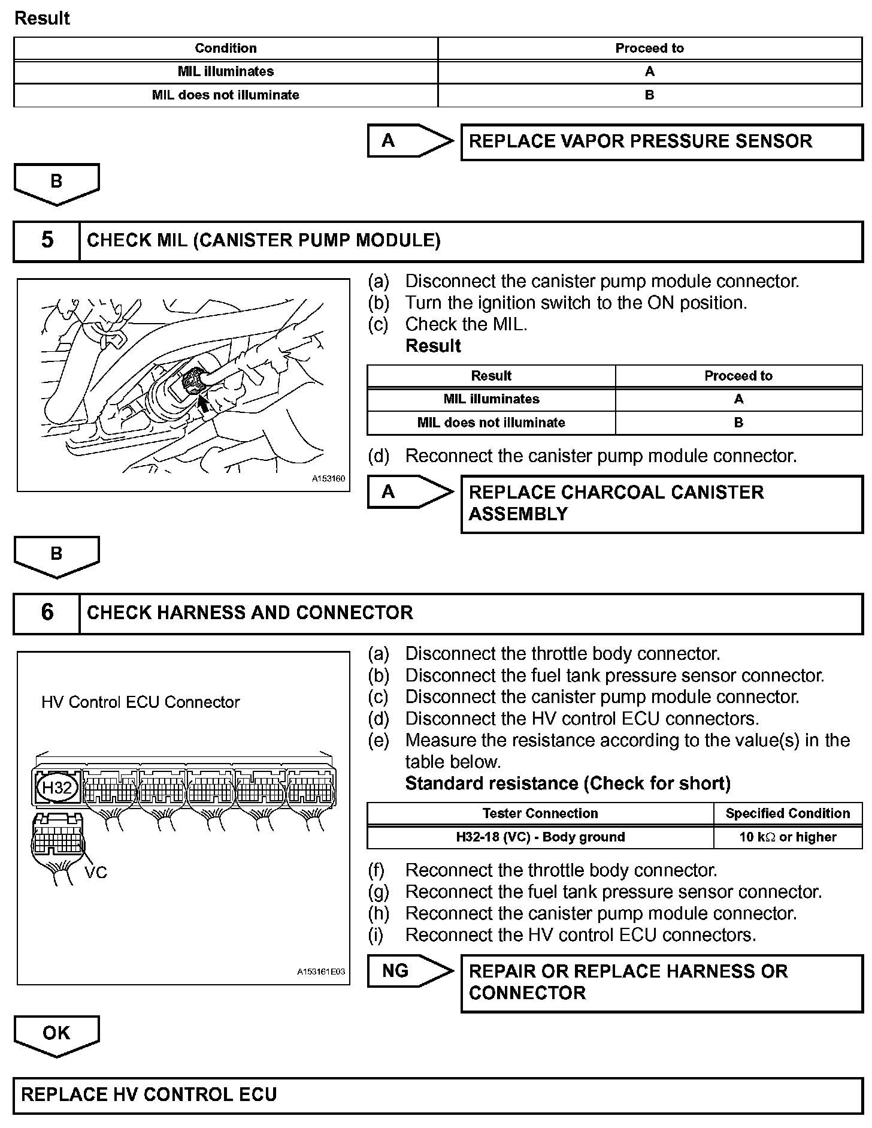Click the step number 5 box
tap(47, 240)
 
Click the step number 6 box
tap(47, 613)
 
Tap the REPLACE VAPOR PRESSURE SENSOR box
tap(661, 141)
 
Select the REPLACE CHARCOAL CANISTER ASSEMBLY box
tap(661, 503)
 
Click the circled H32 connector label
tap(57, 787)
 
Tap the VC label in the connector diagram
tap(96, 873)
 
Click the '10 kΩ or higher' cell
tap(788, 837)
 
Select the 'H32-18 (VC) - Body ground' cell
tap(540, 837)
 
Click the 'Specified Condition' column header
tap(788, 813)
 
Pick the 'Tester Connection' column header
tap(540, 813)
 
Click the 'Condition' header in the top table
tap(226, 48)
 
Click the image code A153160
tap(328, 479)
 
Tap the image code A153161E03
tap(321, 972)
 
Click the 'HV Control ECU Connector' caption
tap(141, 702)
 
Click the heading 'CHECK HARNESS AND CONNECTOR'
tap(250, 613)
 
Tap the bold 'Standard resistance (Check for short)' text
tap(568, 783)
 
